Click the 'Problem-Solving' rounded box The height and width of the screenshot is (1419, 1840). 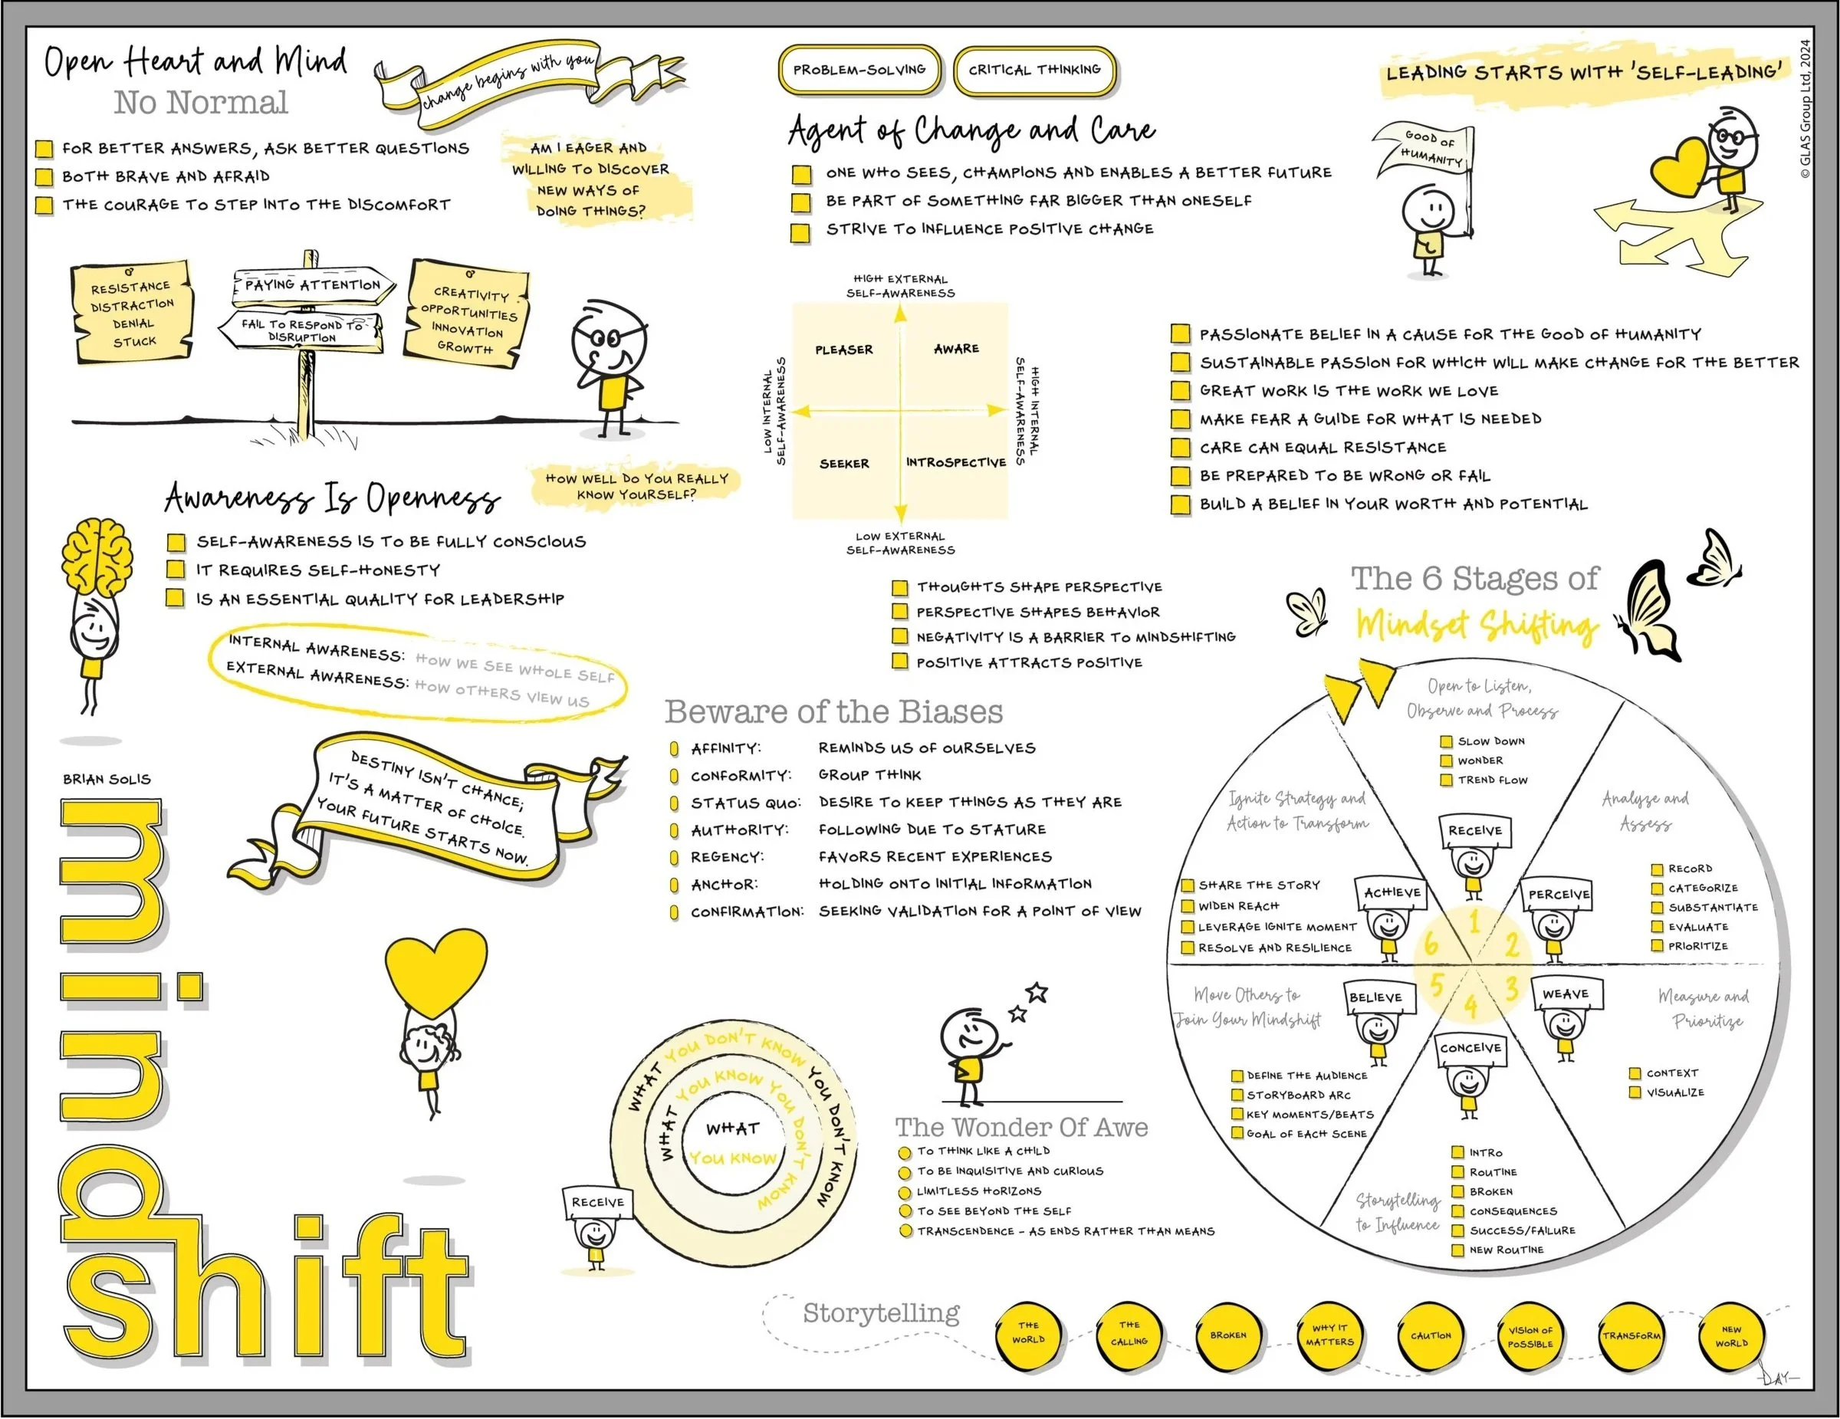pos(859,70)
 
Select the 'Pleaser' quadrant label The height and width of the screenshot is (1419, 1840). pos(843,350)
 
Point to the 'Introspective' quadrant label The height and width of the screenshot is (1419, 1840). pos(955,462)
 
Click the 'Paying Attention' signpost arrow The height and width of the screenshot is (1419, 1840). pos(313,286)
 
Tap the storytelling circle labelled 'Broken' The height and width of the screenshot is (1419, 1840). pos(1228,1335)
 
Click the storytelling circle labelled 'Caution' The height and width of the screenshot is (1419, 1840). pos(1431,1335)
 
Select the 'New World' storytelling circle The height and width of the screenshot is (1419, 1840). pos(1731,1336)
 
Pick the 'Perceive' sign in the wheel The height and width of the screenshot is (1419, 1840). pos(1558,894)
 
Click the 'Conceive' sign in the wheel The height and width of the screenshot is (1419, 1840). pos(1470,1048)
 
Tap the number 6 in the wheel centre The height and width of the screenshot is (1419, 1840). pos(1431,944)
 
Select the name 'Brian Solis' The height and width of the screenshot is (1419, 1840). pos(107,780)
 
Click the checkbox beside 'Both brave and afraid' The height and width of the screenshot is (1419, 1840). pos(44,177)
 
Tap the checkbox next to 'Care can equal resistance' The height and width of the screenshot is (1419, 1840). pos(1181,448)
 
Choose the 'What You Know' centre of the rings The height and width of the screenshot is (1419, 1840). pos(732,1142)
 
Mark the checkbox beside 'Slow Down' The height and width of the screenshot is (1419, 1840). pos(1446,741)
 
